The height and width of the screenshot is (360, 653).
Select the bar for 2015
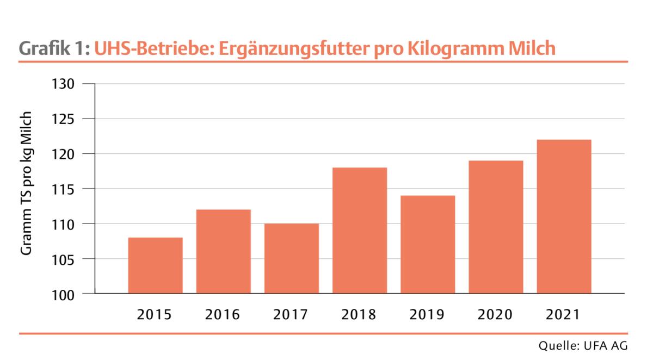coord(155,265)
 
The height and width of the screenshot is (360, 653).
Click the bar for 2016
coord(223,251)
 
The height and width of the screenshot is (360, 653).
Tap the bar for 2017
coord(292,258)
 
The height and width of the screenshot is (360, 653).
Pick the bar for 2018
coord(360,231)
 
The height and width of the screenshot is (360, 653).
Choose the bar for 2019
coord(428,245)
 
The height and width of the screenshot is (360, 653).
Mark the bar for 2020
coord(496,227)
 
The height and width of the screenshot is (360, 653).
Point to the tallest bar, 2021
coord(564,216)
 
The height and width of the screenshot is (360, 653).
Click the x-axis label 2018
coord(360,314)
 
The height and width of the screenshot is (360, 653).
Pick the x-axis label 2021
coord(564,314)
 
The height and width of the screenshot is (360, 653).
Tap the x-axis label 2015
coord(155,314)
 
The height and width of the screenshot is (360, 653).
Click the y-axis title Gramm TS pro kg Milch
coord(27,184)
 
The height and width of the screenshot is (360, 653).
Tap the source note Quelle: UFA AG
coord(583,346)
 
